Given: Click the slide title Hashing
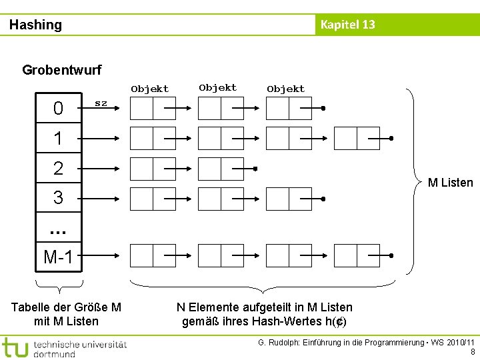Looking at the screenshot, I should coord(35,25).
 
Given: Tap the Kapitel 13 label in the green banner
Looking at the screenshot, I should coord(347,25).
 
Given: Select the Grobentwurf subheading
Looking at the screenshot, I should coord(62,69).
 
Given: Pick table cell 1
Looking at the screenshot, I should coord(58,139).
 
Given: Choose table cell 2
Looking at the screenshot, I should coord(58,168).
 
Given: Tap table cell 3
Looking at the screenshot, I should coord(58,198).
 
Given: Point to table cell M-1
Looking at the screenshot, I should coord(58,256).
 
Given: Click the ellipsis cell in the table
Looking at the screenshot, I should coord(58,229).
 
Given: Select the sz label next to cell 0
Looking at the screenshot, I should coord(101,103).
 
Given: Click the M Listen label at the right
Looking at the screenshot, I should coord(450,183).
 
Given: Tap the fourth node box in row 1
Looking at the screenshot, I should coord(357,139).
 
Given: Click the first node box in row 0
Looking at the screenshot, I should coord(153,109).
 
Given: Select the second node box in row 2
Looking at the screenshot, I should coord(221,169).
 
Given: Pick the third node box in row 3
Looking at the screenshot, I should coord(289,199).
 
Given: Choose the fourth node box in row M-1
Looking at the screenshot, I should coord(357,255).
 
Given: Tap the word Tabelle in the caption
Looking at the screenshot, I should coord(32,307).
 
